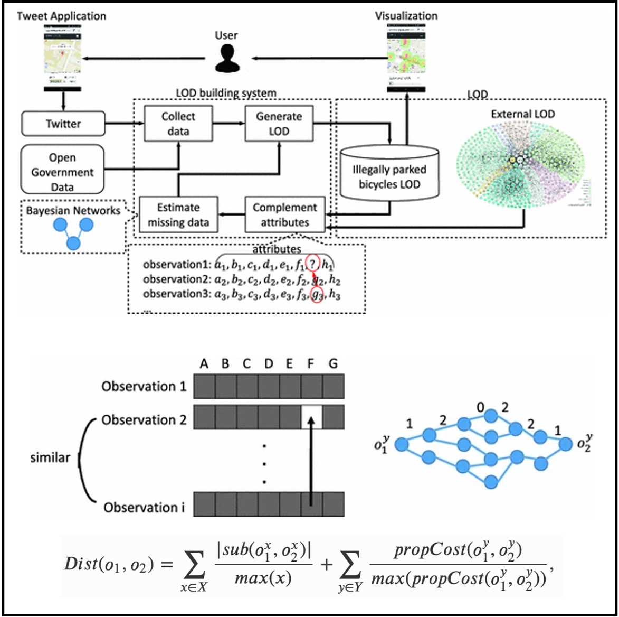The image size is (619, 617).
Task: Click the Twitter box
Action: (x=63, y=124)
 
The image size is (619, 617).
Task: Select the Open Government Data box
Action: (x=62, y=172)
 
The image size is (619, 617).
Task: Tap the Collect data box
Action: (x=178, y=124)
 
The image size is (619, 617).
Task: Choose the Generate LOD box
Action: (x=279, y=124)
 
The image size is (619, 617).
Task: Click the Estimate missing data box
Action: (x=178, y=215)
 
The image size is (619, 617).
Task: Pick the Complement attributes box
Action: (x=284, y=215)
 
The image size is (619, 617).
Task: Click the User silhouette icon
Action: (x=227, y=58)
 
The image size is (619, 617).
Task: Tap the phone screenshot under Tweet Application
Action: (x=62, y=57)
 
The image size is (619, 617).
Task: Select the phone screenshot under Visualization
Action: (x=406, y=57)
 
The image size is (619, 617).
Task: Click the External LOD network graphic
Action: (x=520, y=164)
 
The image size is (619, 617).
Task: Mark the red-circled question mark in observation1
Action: (x=313, y=264)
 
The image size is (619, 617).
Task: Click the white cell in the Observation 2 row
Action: (x=311, y=417)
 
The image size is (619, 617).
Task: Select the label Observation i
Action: (x=144, y=508)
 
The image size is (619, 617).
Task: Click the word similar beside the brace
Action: (x=50, y=457)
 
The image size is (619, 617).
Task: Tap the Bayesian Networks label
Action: (x=73, y=210)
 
